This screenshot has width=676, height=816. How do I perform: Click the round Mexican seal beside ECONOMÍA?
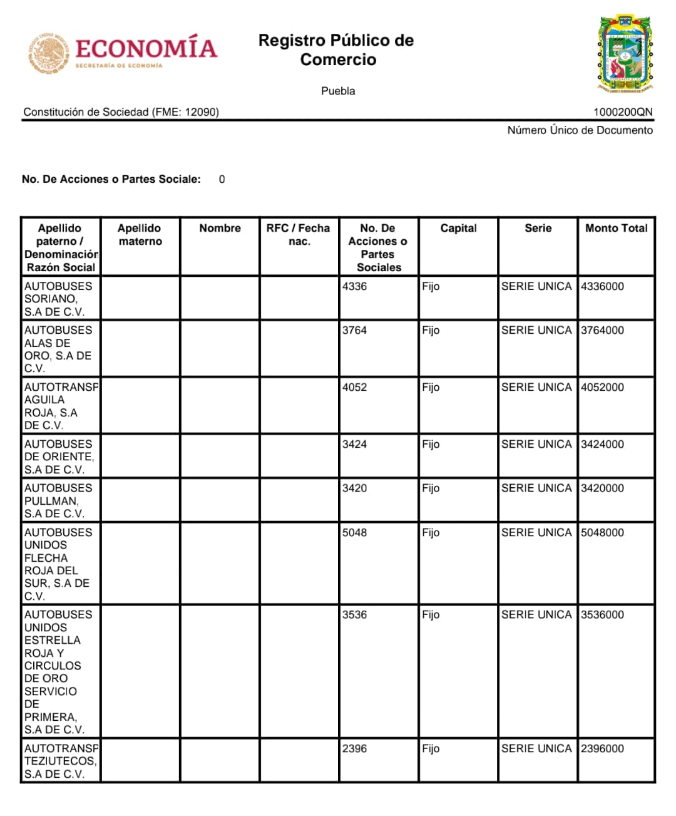pos(48,53)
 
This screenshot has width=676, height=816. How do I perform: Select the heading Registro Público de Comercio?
pos(336,50)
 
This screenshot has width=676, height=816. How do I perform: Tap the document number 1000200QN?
pos(623,112)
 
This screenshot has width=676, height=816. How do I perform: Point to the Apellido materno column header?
pos(140,235)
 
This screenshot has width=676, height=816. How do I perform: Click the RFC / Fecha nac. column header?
pos(298,235)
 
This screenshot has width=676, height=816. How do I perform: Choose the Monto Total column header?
pos(616,229)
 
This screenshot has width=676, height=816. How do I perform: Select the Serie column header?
pos(538,229)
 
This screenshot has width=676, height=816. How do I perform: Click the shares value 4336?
pos(354,287)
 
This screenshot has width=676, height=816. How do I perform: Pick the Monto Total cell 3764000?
pos(602,331)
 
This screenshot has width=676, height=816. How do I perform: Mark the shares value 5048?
pos(354,533)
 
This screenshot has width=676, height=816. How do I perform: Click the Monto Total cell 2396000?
pos(602,749)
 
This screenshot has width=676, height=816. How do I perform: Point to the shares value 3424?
pos(354,445)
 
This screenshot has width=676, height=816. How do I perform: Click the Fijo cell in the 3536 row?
pos(431,615)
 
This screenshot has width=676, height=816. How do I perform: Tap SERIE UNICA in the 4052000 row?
pos(536,388)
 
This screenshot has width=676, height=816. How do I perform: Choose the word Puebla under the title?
pos(338,91)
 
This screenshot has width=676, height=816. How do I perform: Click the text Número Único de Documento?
pos(580,130)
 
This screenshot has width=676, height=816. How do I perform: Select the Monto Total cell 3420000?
pos(602,488)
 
